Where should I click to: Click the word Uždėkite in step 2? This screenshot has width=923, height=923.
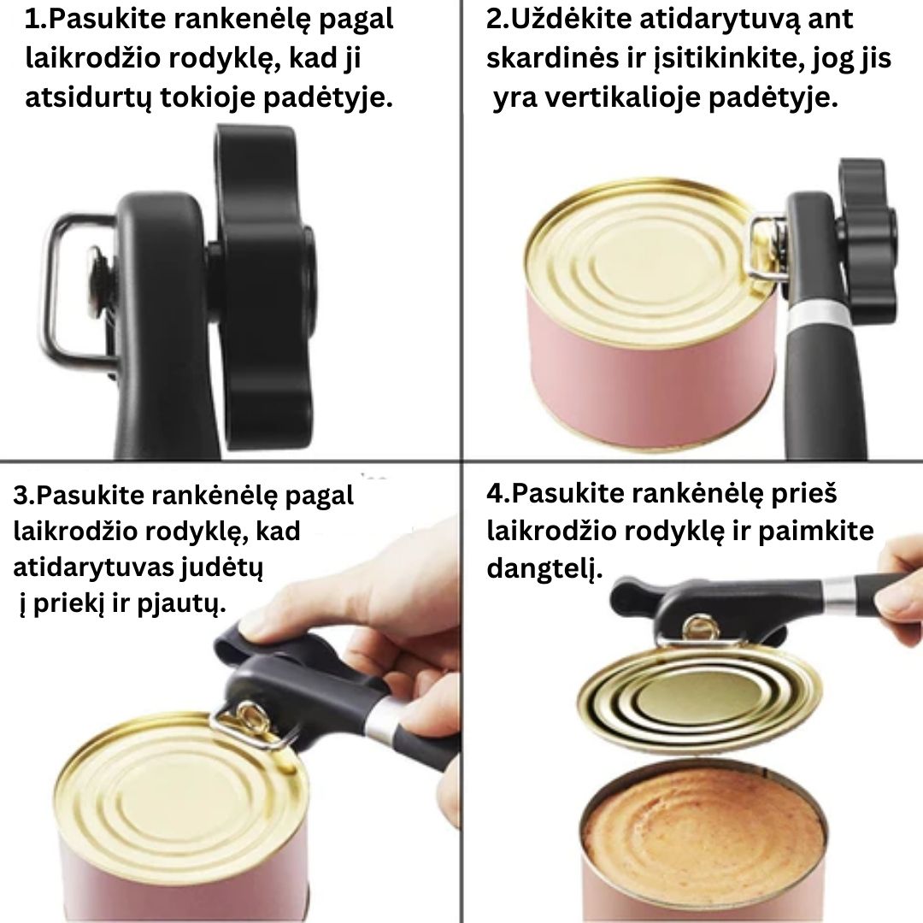click(567, 18)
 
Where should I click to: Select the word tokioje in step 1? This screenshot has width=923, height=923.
click(204, 98)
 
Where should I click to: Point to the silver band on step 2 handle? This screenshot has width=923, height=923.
click(815, 316)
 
